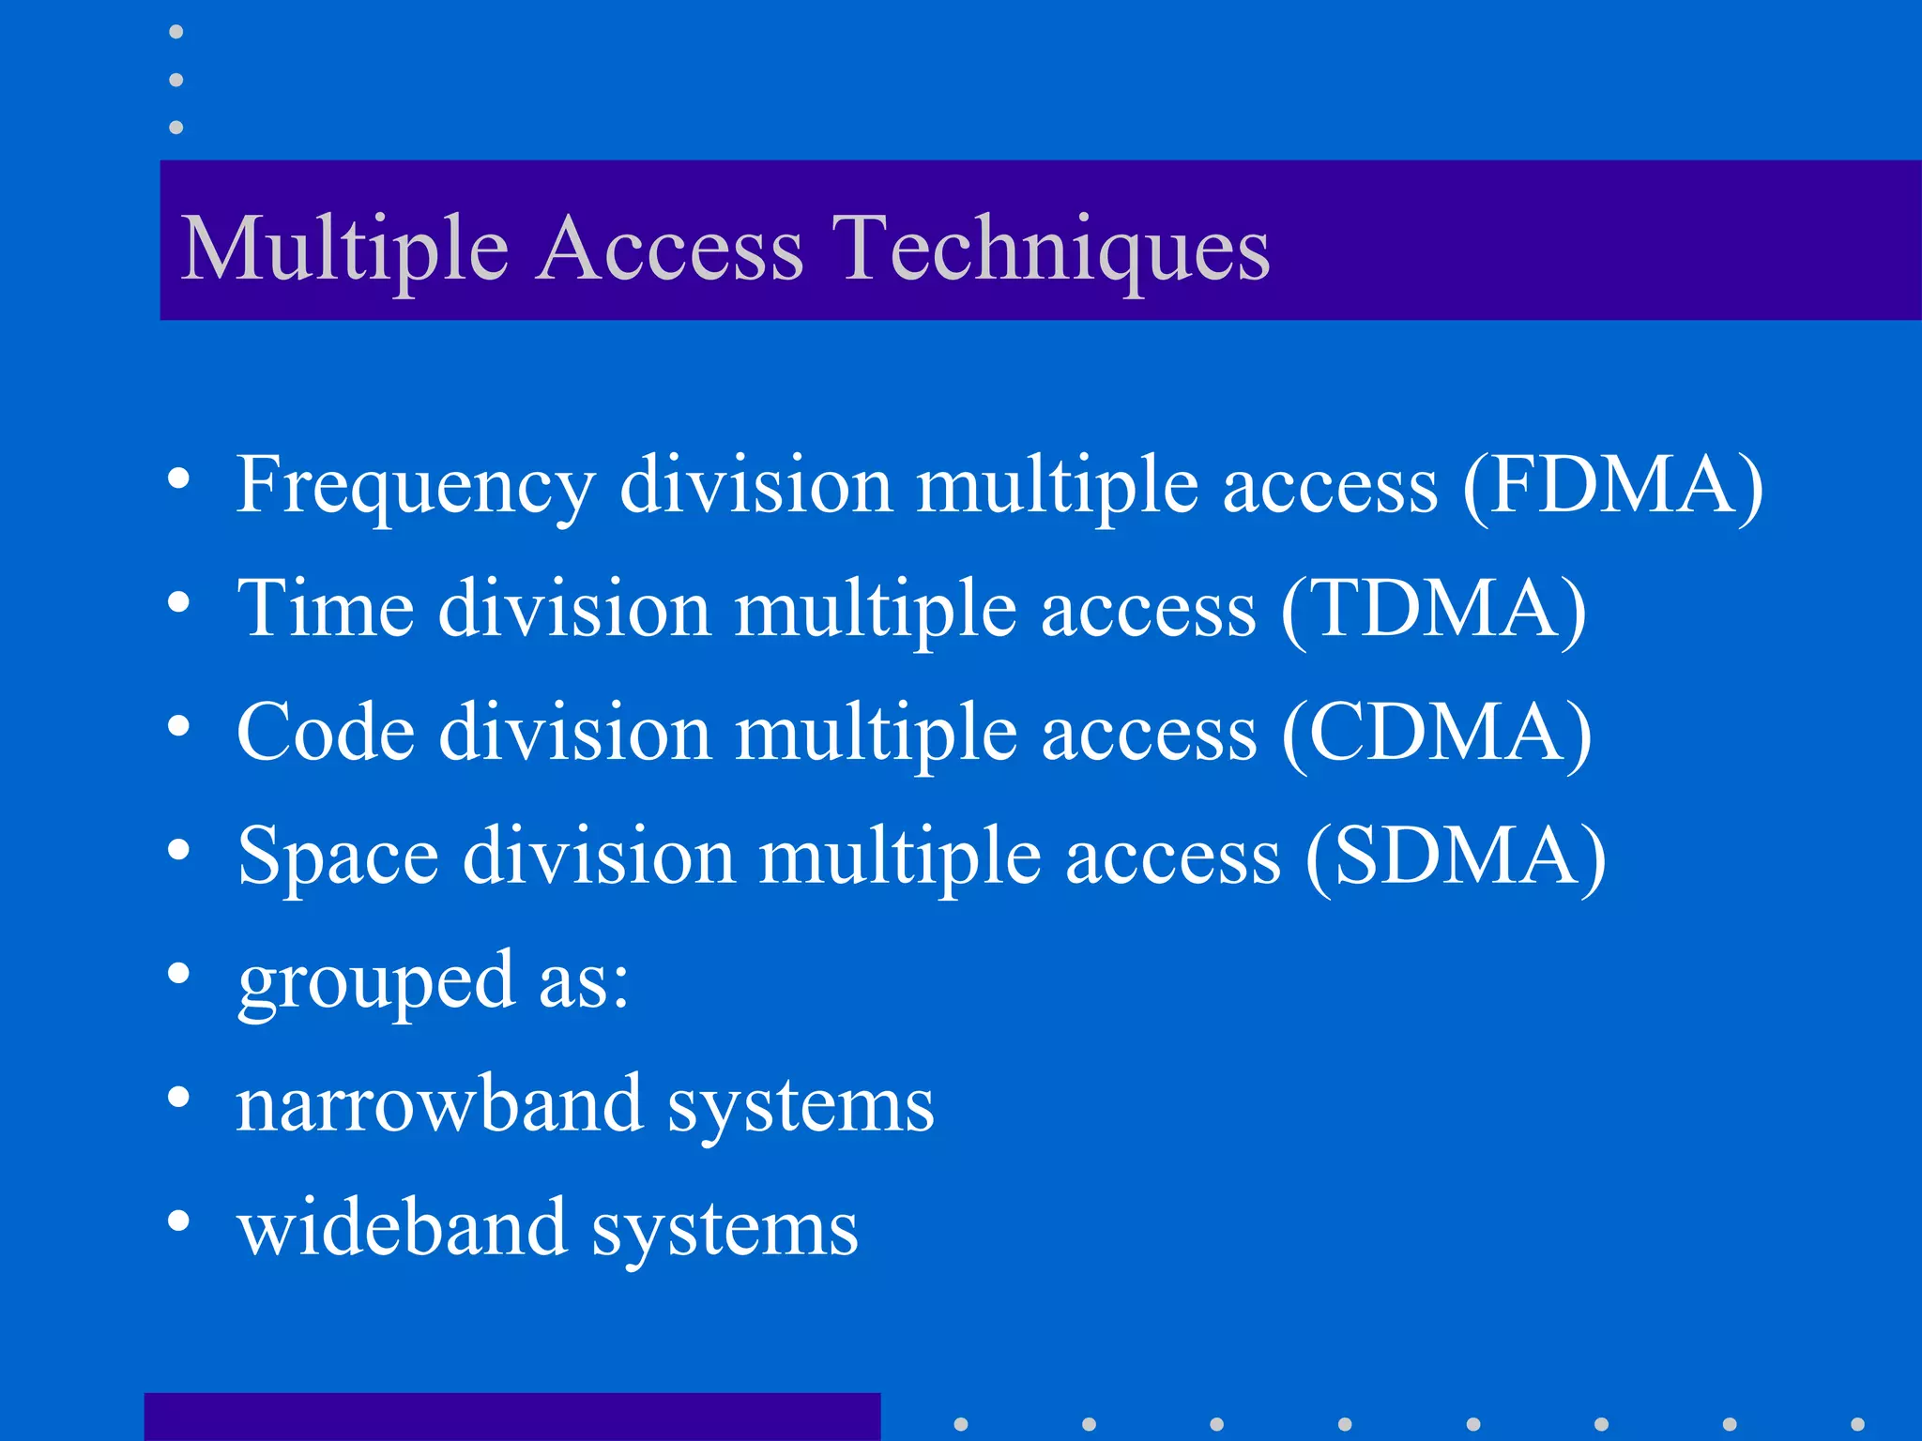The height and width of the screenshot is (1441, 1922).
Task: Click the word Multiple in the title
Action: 344,248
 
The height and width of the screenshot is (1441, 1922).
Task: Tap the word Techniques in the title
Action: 1051,248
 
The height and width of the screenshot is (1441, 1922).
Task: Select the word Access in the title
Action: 671,248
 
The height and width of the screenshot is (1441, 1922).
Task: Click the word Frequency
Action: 416,486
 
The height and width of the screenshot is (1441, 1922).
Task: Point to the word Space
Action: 338,857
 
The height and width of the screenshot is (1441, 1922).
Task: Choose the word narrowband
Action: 439,1104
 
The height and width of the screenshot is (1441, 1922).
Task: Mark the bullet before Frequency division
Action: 178,478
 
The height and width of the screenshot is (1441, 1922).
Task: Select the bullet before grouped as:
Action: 178,973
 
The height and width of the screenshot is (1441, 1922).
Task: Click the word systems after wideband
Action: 725,1229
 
